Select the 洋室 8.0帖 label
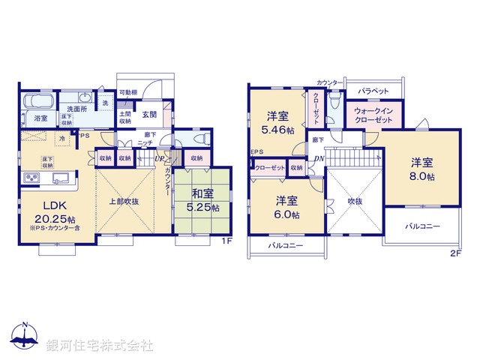pos(421,168)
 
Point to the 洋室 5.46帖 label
pos(278,121)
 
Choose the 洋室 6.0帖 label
pos(286,206)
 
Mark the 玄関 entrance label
pos(149,115)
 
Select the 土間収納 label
pos(125,116)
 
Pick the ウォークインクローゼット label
pos(373,115)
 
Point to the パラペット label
pos(373,91)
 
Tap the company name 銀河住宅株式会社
pos(100,345)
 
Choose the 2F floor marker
pos(455,253)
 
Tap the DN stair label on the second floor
pos(318,158)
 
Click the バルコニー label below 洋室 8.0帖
pos(422,225)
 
